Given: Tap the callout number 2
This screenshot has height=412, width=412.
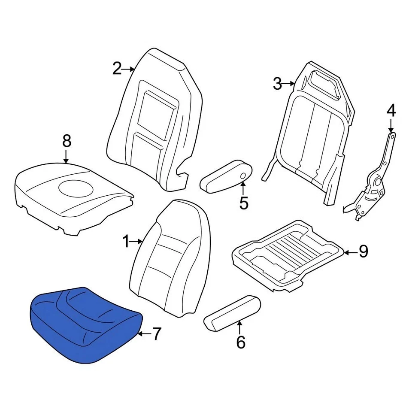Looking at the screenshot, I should pos(117,69).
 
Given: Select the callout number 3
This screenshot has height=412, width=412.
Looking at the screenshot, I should pos(278,84).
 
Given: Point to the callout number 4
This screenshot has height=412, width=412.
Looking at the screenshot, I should pos(391,111).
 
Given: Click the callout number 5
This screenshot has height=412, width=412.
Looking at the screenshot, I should pos(244,203).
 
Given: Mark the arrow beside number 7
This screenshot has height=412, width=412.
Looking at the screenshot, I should pos(145,333).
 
